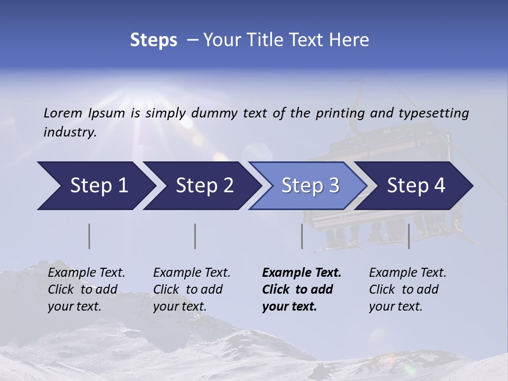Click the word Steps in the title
click(x=153, y=40)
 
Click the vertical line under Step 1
click(x=89, y=236)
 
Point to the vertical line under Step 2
click(x=195, y=236)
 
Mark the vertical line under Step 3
click(x=302, y=236)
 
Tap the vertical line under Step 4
click(x=409, y=236)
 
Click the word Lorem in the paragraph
click(x=63, y=113)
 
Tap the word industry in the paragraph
click(x=69, y=132)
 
